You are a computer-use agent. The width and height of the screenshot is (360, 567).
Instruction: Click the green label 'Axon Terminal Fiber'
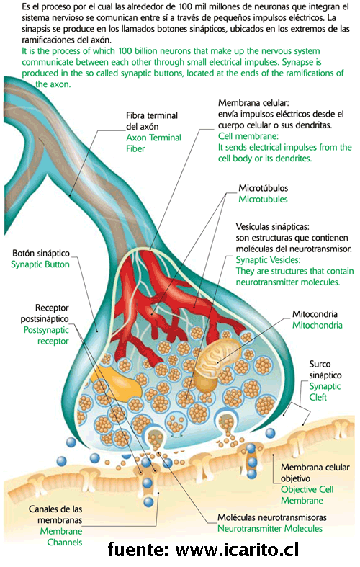(153, 143)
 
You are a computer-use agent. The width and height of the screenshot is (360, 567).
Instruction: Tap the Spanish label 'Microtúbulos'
(263, 188)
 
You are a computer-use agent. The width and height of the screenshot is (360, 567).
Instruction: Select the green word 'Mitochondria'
(318, 325)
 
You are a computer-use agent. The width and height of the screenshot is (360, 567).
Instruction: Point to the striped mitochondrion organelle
(215, 362)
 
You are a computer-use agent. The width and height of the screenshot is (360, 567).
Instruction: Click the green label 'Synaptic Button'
(40, 264)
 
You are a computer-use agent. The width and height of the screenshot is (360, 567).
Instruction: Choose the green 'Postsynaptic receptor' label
(46, 336)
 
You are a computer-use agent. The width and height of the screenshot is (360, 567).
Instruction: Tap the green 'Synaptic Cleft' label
(325, 392)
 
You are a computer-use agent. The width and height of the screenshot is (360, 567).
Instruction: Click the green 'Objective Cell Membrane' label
(307, 495)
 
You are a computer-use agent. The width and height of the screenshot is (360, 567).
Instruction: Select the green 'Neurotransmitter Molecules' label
(269, 528)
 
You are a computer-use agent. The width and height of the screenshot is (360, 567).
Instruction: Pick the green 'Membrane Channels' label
(61, 537)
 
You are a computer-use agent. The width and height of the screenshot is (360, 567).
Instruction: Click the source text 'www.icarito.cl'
(237, 550)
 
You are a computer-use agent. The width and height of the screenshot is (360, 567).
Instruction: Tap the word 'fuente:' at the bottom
(138, 550)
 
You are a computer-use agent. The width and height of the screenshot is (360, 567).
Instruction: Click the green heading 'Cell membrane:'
(248, 136)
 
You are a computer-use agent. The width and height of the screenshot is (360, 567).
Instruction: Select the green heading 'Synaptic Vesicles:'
(268, 260)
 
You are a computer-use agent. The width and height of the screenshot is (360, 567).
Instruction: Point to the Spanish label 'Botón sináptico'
(41, 253)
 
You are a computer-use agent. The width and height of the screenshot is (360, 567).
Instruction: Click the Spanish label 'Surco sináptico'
(325, 370)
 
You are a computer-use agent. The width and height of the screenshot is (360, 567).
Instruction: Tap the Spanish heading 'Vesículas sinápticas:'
(273, 227)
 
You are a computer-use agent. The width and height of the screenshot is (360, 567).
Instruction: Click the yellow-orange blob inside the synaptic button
(117, 384)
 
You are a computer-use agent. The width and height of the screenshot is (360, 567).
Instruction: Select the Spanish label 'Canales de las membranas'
(55, 514)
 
